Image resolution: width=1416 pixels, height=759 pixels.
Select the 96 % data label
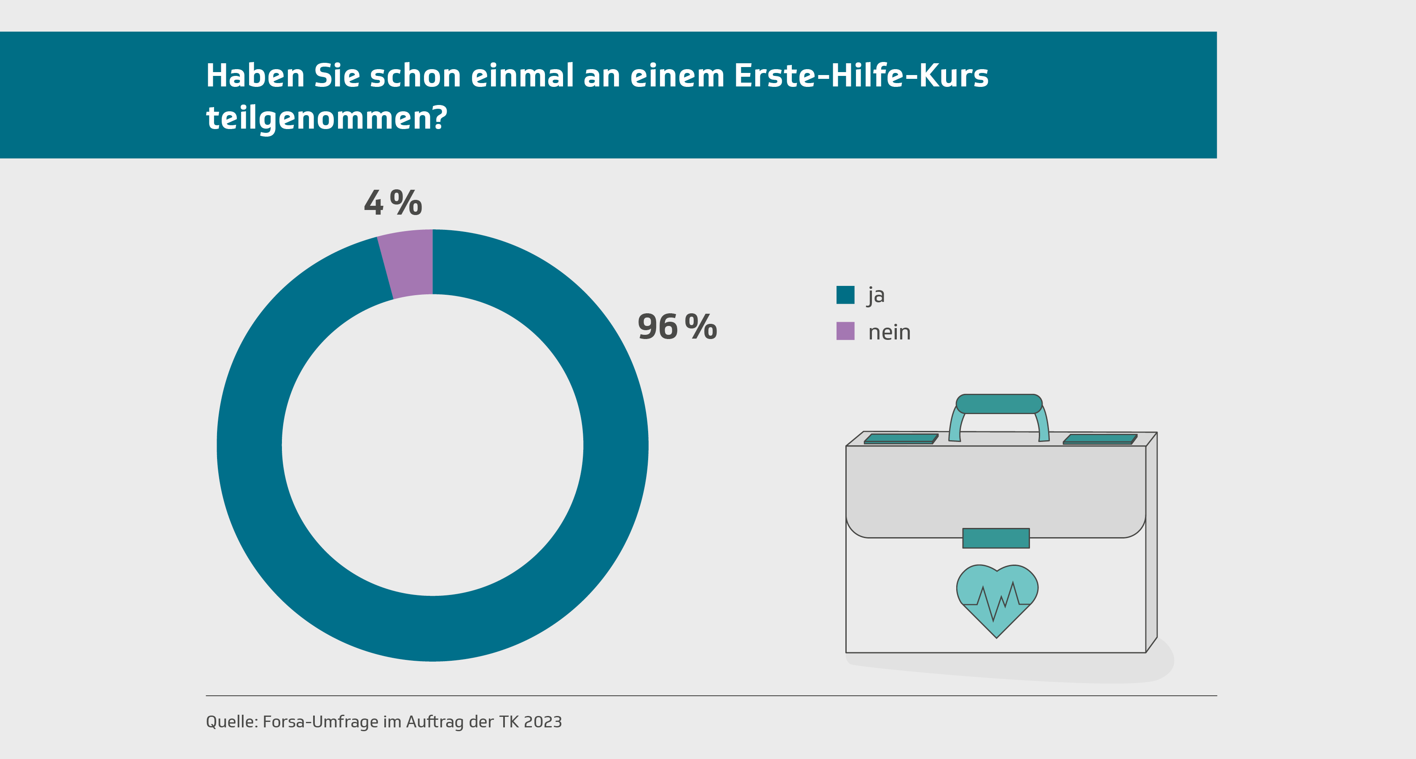point(677,327)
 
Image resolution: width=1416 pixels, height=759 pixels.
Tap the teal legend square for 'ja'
point(845,295)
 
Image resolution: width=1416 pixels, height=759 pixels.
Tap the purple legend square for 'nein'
point(845,331)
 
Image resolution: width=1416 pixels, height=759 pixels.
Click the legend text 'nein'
point(889,332)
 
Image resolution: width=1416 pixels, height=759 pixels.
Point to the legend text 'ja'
point(876,295)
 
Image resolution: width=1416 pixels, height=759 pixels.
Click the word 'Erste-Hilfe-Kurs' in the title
point(861,75)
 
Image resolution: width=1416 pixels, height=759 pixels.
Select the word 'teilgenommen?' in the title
point(327,118)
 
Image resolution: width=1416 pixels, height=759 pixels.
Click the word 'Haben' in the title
point(255,75)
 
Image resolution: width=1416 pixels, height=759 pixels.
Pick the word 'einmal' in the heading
point(522,75)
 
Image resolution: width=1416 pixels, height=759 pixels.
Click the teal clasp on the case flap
point(995,538)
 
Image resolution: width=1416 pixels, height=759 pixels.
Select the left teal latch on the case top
point(901,439)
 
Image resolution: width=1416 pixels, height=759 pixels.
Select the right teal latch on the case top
point(1100,439)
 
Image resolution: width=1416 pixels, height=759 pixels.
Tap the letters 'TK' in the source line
point(509,721)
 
